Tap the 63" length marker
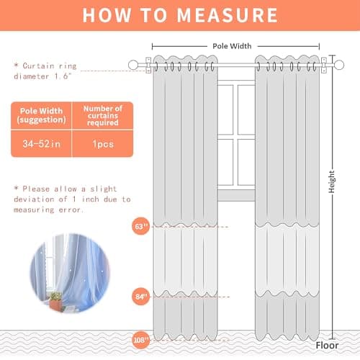pyautogui.click(x=140, y=225)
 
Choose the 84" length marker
pyautogui.click(x=140, y=296)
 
